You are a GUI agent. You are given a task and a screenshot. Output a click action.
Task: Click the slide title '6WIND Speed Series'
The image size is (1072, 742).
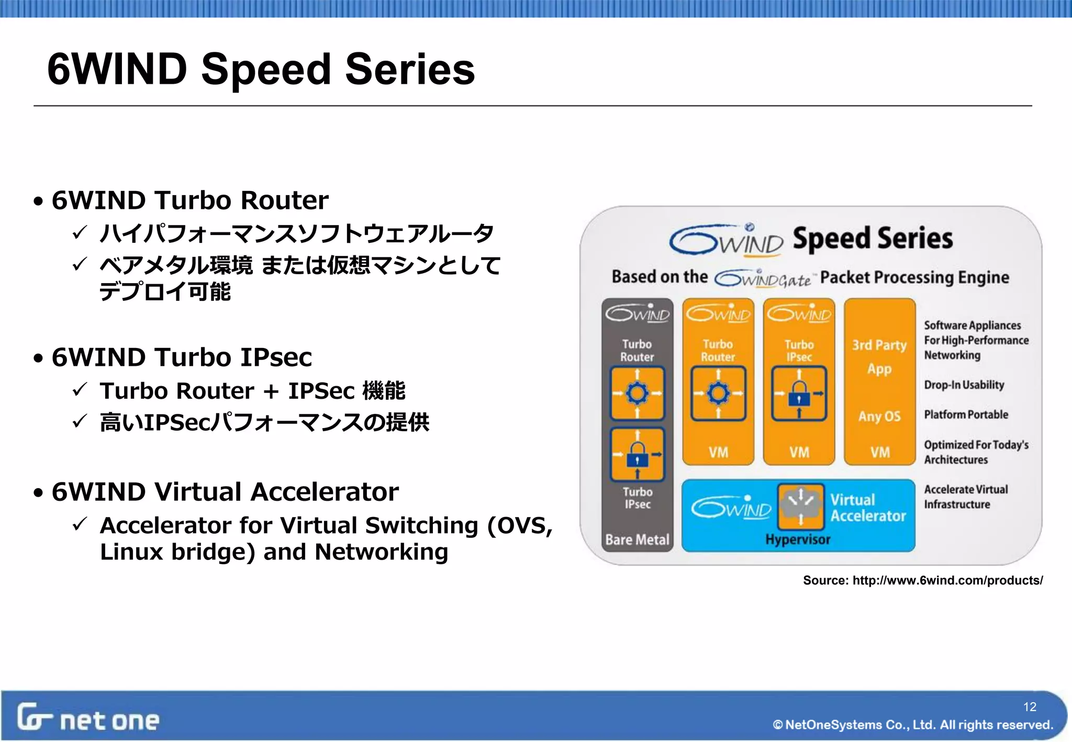pos(261,69)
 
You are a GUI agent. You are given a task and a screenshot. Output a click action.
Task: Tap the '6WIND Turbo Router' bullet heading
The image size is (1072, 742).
pos(190,200)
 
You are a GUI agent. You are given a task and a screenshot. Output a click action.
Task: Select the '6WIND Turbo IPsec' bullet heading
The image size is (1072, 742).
pos(182,357)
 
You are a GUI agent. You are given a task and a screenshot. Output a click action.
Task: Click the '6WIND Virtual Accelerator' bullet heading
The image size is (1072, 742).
pos(225,492)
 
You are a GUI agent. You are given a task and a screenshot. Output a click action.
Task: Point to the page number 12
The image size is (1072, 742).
pos(1030,707)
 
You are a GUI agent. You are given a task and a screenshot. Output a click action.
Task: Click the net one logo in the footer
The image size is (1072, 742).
pos(88,718)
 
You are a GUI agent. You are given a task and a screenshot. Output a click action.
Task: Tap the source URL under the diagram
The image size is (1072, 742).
pos(923,580)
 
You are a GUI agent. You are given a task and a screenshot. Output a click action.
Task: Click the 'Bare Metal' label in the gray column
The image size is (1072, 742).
pos(637,539)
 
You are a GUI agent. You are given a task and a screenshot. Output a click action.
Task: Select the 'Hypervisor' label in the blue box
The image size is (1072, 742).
pos(798,539)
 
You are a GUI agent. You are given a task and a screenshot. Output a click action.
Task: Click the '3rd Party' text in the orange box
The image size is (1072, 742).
pos(879,345)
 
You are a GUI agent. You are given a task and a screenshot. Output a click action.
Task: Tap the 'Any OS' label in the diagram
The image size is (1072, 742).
pos(879,417)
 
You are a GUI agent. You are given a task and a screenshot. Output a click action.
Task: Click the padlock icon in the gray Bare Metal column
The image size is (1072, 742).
pos(637,454)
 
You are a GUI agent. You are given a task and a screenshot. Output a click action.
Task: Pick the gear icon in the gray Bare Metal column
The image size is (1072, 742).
pos(637,394)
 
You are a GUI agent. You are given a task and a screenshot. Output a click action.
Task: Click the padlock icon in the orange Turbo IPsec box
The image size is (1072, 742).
pos(799,394)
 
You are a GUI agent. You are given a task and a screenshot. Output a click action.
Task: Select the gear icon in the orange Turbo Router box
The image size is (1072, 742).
pos(718,394)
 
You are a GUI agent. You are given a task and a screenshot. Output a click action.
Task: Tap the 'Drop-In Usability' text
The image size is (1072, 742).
pos(964,385)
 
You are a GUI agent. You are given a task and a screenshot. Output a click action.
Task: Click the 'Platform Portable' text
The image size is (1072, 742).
pos(966,414)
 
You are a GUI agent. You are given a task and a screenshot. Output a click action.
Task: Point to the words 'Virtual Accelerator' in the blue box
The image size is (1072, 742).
pos(867,508)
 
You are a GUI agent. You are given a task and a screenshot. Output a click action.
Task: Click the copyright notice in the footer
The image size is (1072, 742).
pos(913,725)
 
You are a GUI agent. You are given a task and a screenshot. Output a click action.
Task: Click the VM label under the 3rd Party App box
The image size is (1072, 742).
pos(880,452)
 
